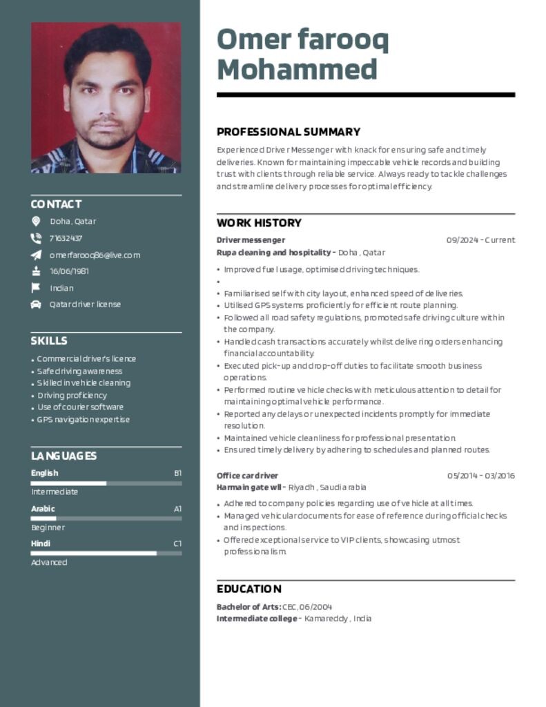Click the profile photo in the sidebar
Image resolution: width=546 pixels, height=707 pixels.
(106, 97)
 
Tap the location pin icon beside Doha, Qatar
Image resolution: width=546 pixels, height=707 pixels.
(36, 222)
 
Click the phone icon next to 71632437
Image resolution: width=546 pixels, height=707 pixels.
(36, 238)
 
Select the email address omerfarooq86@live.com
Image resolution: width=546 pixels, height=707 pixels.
(95, 255)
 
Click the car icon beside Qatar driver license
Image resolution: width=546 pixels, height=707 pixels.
(36, 304)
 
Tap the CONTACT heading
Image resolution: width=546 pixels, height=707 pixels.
(56, 204)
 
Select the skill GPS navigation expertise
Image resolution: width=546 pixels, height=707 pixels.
(84, 420)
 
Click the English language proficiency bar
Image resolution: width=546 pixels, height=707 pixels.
(106, 483)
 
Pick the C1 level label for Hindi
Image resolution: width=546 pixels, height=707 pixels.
(177, 544)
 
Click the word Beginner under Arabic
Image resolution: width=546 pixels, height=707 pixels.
(48, 527)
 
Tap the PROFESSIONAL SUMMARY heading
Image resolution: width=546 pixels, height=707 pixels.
(289, 132)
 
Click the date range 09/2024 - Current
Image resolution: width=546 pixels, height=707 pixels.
(480, 240)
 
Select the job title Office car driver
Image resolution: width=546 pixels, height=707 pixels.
(247, 476)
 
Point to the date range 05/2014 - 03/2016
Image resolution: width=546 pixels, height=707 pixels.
(480, 476)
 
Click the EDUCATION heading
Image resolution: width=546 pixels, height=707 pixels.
(249, 589)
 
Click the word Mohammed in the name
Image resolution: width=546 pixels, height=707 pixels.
(297, 70)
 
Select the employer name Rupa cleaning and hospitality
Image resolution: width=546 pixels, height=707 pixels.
(273, 253)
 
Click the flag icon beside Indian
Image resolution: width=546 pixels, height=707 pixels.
(36, 288)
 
